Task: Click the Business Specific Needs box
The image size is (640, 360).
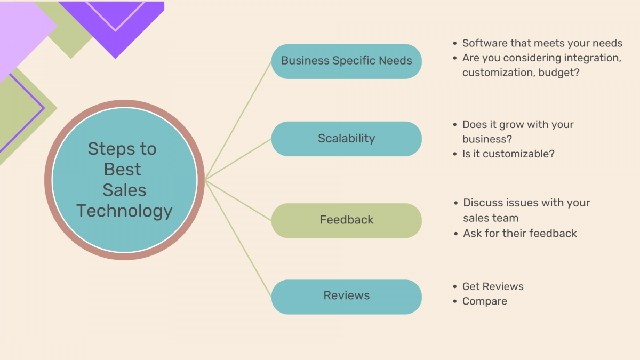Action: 346,61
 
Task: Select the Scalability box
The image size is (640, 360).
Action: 346,139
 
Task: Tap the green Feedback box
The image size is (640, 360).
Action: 346,220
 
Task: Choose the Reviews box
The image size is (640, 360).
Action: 346,296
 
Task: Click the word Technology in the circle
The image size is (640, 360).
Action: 124,211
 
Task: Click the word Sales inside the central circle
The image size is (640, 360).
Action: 124,190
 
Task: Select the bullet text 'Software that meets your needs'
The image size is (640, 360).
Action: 542,43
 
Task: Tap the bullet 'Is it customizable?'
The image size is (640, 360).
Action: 508,154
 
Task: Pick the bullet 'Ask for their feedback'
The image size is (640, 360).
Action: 520,233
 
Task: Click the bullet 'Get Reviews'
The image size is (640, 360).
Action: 493,286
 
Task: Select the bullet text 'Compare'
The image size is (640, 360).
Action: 484,301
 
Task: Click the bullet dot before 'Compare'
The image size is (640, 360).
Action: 455,302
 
